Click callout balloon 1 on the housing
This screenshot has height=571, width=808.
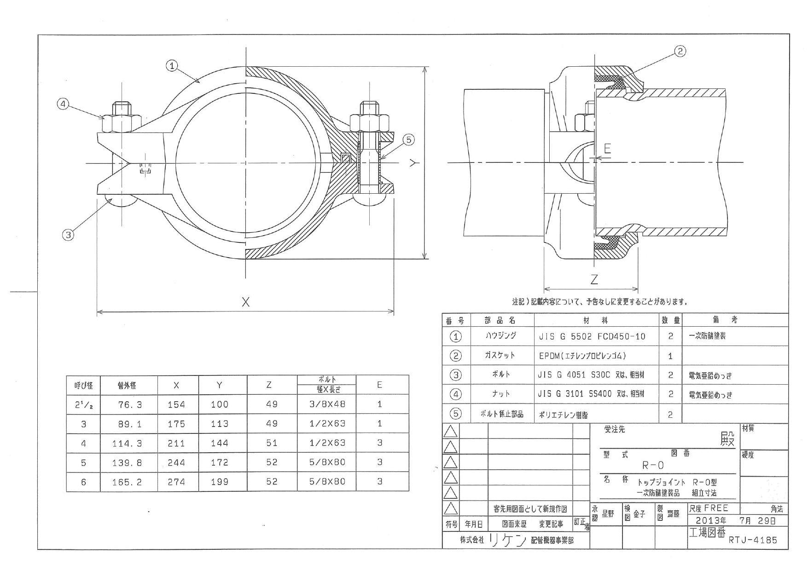tap(172, 66)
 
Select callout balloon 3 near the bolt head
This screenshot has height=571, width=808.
tap(68, 235)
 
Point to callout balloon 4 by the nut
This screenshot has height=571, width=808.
tap(63, 104)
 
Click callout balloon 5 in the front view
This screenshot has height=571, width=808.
tap(409, 139)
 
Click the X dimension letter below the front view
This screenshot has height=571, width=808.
tap(246, 302)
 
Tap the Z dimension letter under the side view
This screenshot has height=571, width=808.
tap(594, 280)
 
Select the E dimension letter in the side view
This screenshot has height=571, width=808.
tap(607, 149)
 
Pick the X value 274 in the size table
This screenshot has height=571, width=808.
tap(176, 482)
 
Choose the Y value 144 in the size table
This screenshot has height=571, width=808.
tap(220, 443)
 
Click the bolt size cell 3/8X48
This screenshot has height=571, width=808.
tap(327, 404)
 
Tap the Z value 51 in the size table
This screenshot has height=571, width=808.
tap(272, 443)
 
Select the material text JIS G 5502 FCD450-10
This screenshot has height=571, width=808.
tap(592, 336)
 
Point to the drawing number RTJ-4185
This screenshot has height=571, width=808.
tap(753, 540)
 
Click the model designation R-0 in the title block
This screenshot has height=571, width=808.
tap(653, 465)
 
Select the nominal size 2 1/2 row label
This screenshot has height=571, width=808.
tap(83, 405)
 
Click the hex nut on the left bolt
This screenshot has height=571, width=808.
tap(122, 122)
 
